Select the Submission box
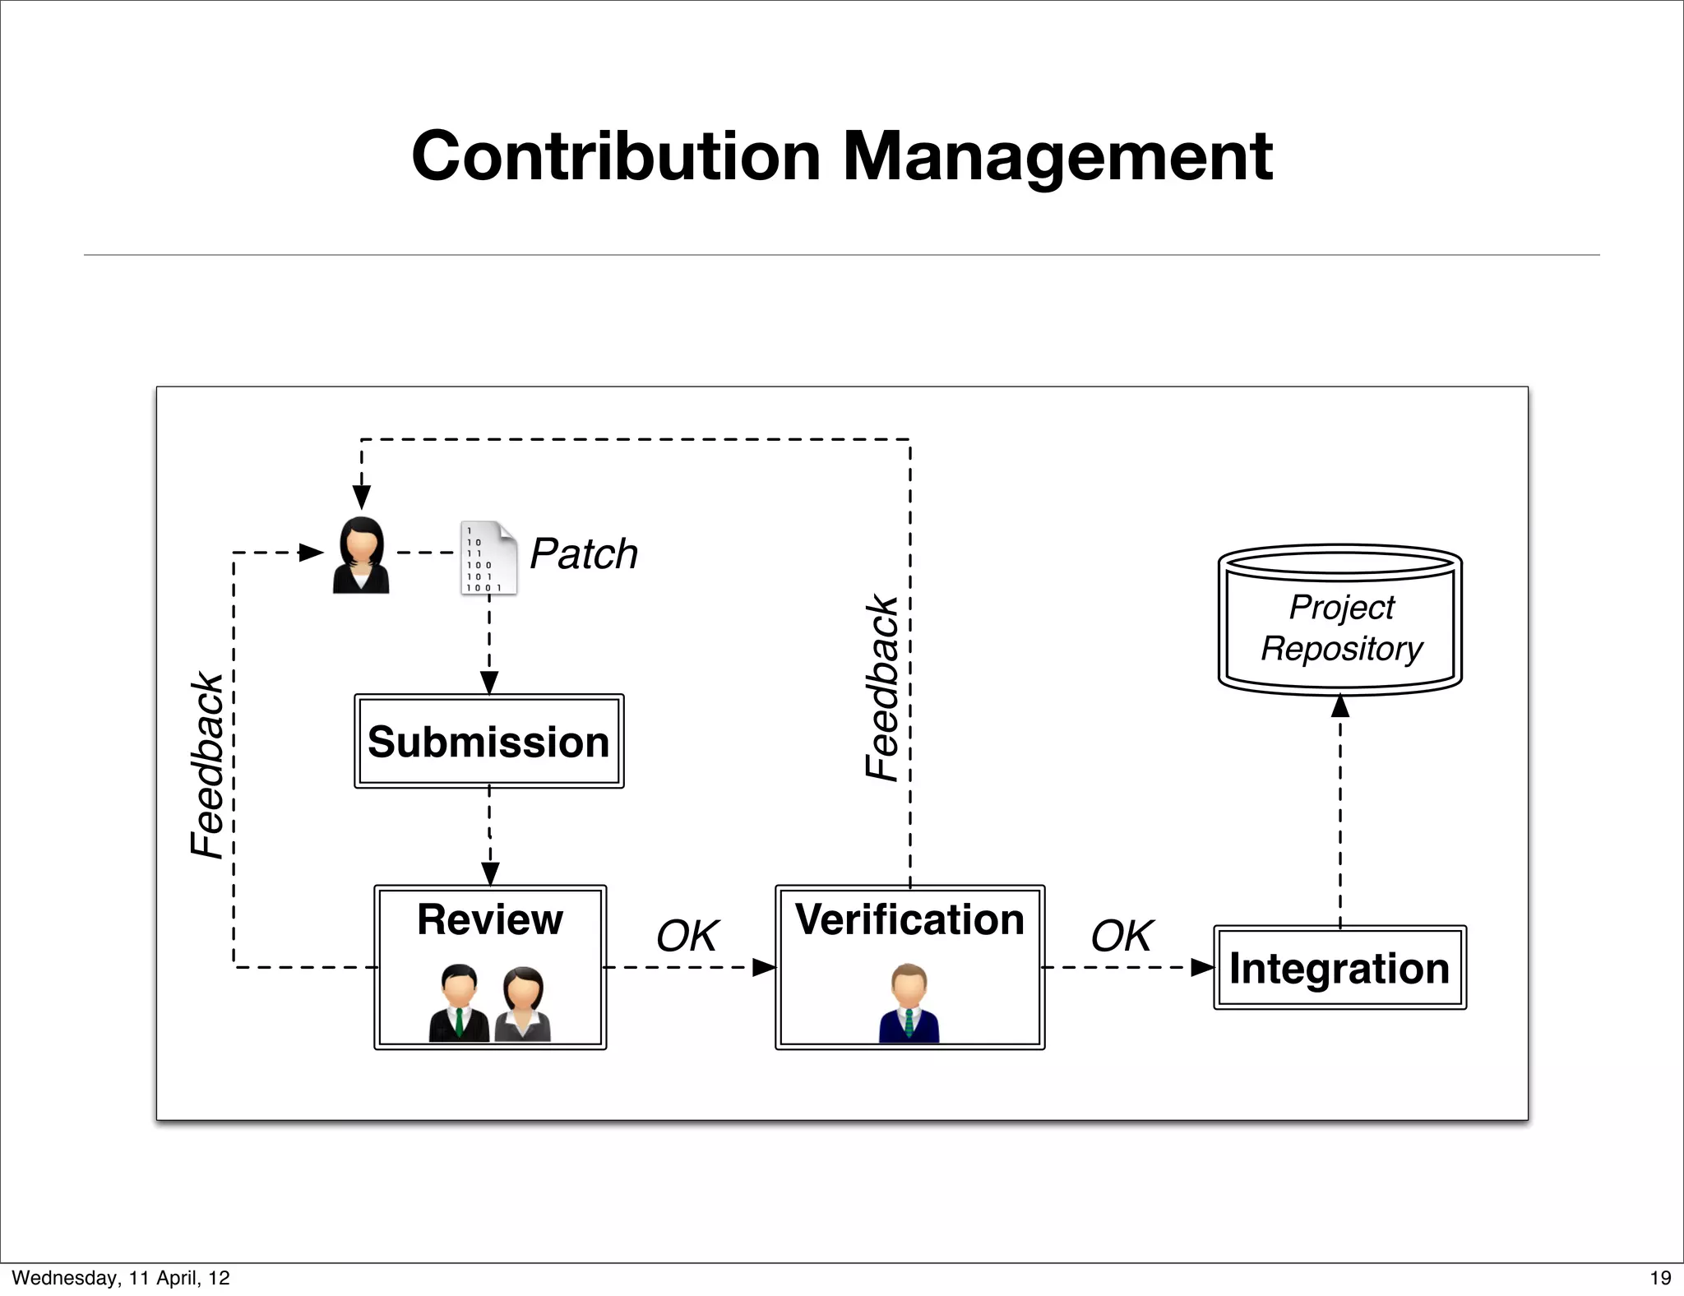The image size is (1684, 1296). click(x=488, y=742)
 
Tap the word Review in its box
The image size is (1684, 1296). click(x=490, y=919)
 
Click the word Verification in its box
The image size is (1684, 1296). click(x=909, y=919)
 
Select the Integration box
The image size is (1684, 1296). click(x=1339, y=968)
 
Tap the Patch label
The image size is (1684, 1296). click(x=584, y=553)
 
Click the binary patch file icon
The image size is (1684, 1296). click(x=488, y=557)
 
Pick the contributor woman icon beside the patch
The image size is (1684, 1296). click(x=361, y=555)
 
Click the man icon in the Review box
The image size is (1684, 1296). click(x=459, y=1004)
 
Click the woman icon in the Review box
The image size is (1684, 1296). click(x=523, y=1004)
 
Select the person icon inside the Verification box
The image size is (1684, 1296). click(x=909, y=1002)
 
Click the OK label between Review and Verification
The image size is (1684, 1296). click(x=687, y=936)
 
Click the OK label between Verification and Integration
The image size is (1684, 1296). click(x=1122, y=936)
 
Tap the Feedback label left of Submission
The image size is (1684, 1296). click(x=207, y=765)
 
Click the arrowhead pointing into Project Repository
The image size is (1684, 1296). click(x=1340, y=706)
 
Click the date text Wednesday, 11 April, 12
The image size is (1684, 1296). click(x=121, y=1278)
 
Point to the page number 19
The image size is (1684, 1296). click(x=1660, y=1278)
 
